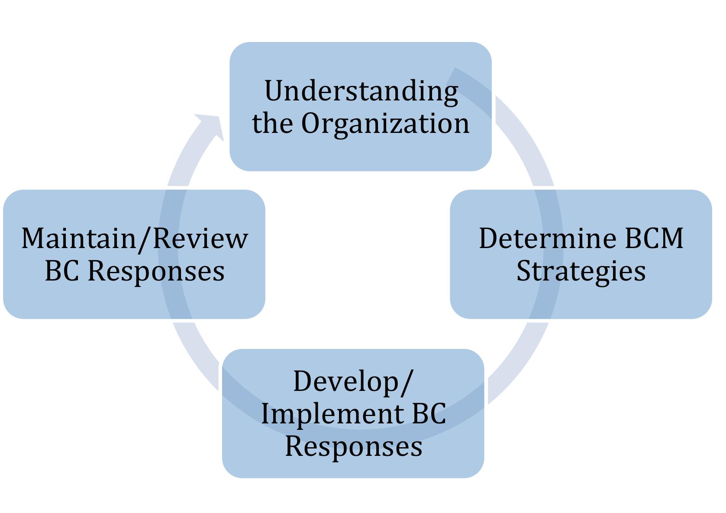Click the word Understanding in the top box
tap(361, 91)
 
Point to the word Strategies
tap(581, 271)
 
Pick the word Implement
tap(332, 413)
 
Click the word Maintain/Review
tap(135, 239)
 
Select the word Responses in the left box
tap(156, 271)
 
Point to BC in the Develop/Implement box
tap(429, 413)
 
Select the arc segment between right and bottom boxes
tap(519, 359)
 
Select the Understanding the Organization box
tap(360, 152)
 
